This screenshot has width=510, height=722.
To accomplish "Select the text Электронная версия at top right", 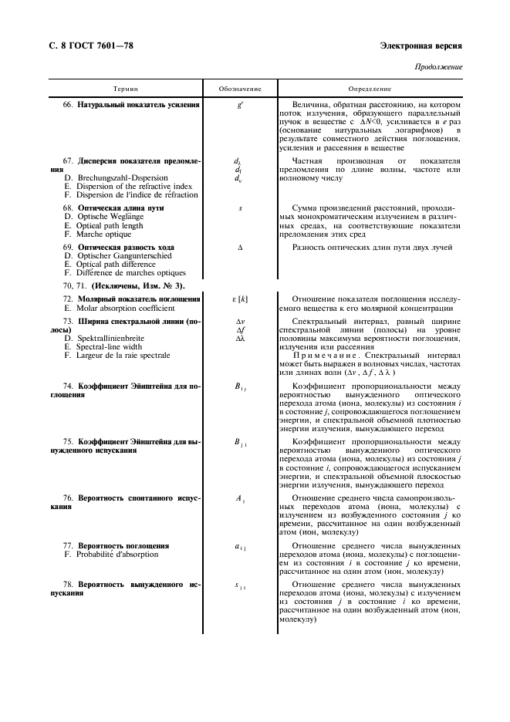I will pyautogui.click(x=421, y=46).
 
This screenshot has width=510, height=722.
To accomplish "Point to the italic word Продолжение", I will pyautogui.click(x=441, y=67).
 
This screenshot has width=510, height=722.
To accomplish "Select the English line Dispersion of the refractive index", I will pyautogui.click(x=128, y=186).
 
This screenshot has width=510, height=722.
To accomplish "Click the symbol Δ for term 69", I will pyautogui.click(x=240, y=248).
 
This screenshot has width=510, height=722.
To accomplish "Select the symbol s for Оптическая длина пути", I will pyautogui.click(x=240, y=208).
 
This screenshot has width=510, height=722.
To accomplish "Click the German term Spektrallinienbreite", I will pyautogui.click(x=113, y=338).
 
